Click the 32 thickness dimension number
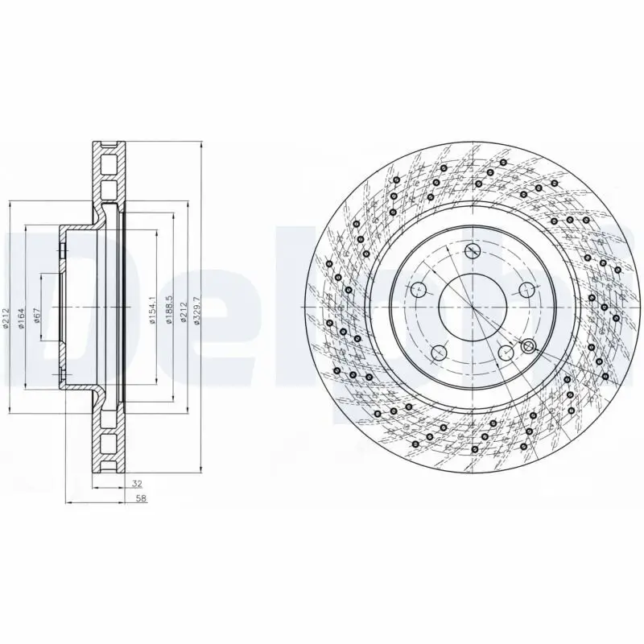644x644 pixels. pos(136,485)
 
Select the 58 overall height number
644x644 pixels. pos(142,498)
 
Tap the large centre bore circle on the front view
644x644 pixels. pos(473,308)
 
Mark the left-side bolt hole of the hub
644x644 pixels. pos(417,290)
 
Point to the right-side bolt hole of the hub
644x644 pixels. pos(528,290)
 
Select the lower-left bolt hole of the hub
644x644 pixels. pos(439,353)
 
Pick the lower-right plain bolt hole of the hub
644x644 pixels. pos(506,353)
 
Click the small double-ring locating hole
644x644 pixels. pos(528,346)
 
